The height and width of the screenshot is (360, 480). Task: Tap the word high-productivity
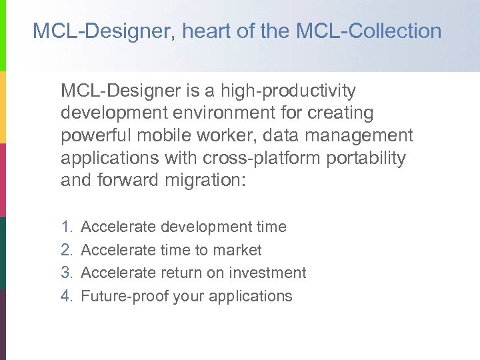(x=289, y=90)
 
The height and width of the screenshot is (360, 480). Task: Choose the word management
(x=361, y=135)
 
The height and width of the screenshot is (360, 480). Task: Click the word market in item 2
(x=237, y=250)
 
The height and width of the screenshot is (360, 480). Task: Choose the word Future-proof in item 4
(x=124, y=296)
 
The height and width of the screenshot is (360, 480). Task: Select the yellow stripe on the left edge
(x=3, y=107)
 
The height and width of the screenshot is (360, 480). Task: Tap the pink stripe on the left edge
(x=3, y=180)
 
